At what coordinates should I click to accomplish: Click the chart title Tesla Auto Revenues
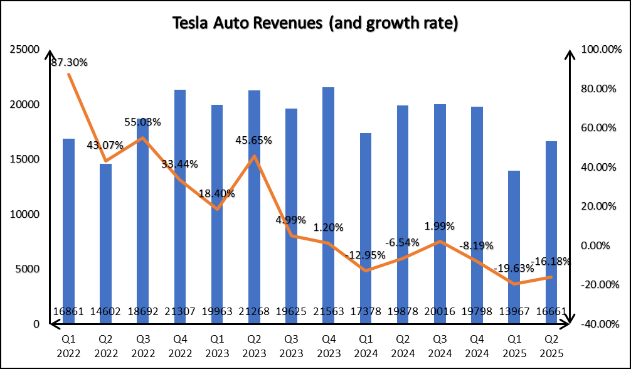coord(315,23)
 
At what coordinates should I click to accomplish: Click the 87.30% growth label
coord(69,62)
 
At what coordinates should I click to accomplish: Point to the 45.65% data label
coord(253,140)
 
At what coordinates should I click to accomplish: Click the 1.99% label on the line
coord(439,226)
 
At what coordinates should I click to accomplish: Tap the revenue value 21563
coord(327,312)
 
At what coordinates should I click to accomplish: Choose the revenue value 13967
coord(513,312)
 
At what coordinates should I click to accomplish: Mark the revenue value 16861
coord(68,312)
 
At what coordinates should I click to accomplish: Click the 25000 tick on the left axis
coord(27,49)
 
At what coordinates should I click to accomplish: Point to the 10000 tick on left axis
coord(27,214)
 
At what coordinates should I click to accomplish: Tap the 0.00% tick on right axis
coord(598,245)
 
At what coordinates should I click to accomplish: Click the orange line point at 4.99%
coord(290,236)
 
